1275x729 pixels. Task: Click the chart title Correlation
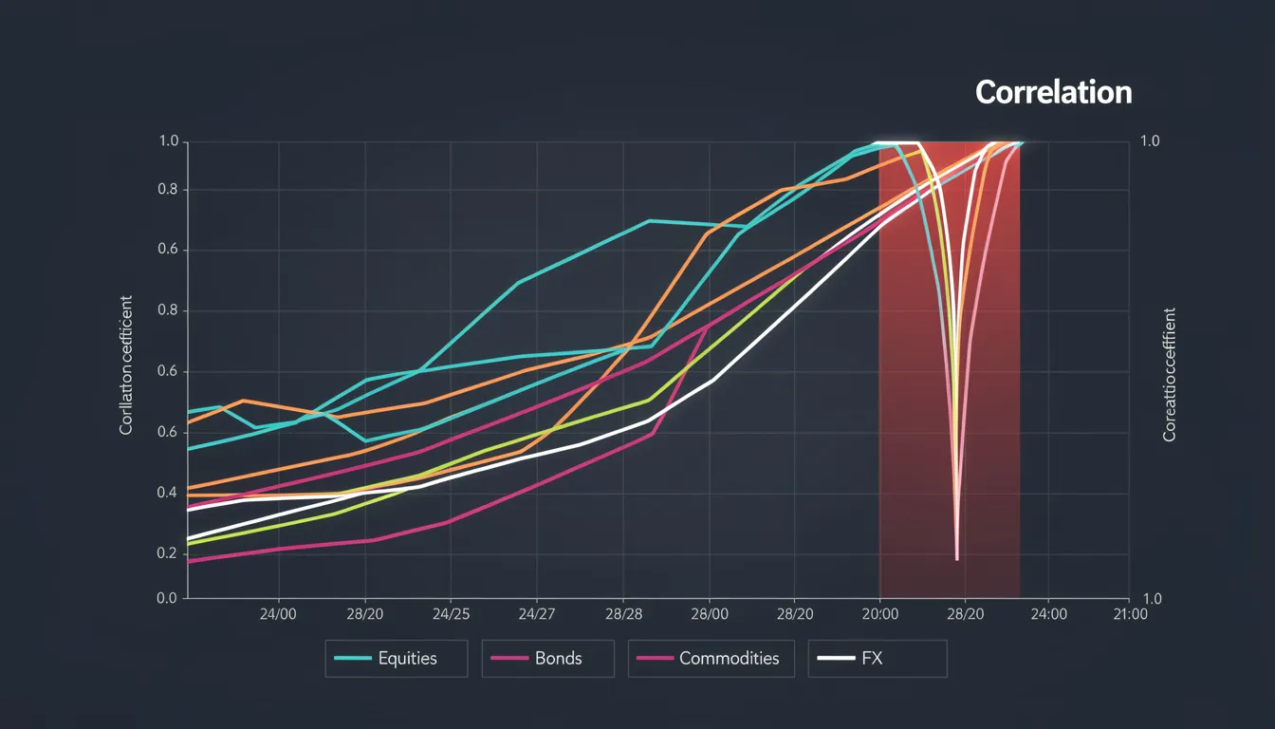pyautogui.click(x=1053, y=92)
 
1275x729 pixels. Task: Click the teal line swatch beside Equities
pyautogui.click(x=352, y=658)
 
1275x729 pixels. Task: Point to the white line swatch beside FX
pyautogui.click(x=836, y=658)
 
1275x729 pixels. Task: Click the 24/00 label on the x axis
pyautogui.click(x=278, y=614)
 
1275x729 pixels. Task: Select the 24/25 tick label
pyautogui.click(x=450, y=614)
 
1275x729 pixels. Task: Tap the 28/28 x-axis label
pyautogui.click(x=622, y=614)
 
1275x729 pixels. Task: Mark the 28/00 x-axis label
pyautogui.click(x=709, y=614)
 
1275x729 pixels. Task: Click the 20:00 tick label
pyautogui.click(x=879, y=614)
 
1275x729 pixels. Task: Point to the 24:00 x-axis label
pyautogui.click(x=1047, y=614)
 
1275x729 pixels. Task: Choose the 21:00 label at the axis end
pyautogui.click(x=1128, y=614)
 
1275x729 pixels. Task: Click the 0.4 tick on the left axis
pyautogui.click(x=167, y=493)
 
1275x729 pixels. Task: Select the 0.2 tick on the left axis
pyautogui.click(x=167, y=553)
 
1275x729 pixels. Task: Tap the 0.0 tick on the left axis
pyautogui.click(x=167, y=599)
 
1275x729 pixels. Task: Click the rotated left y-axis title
pyautogui.click(x=126, y=365)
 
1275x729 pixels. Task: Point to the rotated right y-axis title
pyautogui.click(x=1169, y=374)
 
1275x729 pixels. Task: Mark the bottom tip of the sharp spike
pyautogui.click(x=956, y=559)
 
